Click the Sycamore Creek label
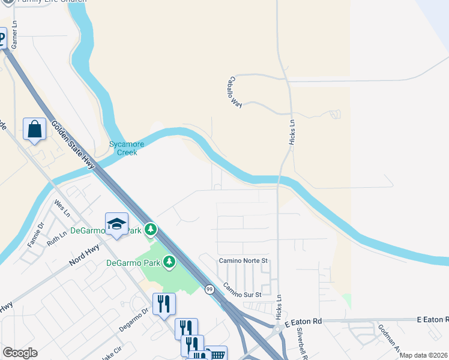[123, 148]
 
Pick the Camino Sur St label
[243, 290]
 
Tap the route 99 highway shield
[209, 289]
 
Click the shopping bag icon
[35, 129]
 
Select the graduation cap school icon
[116, 224]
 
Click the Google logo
[20, 353]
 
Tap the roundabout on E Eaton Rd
[277, 329]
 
